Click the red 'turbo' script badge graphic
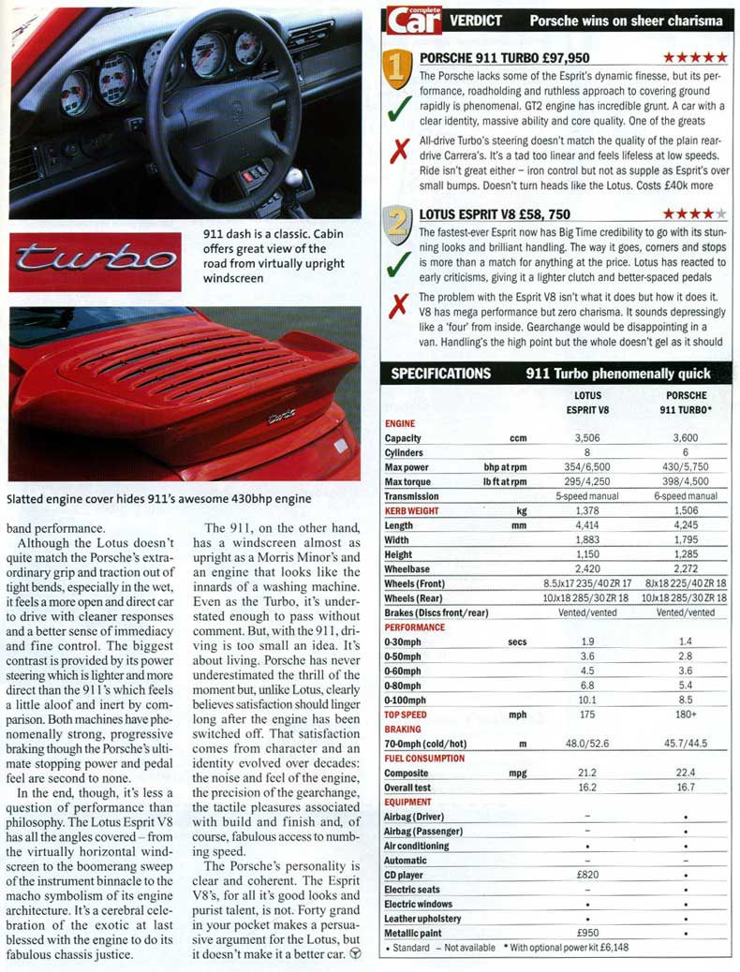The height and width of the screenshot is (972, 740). click(x=95, y=260)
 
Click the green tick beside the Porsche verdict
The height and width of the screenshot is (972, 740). click(x=400, y=110)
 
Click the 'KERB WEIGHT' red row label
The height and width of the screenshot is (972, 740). click(x=417, y=511)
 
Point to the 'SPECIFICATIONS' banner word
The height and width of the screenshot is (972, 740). click(x=440, y=373)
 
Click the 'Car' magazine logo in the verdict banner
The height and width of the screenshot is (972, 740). click(x=414, y=20)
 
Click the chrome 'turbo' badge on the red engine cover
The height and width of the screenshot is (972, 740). click(x=282, y=418)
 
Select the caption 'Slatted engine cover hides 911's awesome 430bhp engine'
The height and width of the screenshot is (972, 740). click(x=158, y=500)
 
